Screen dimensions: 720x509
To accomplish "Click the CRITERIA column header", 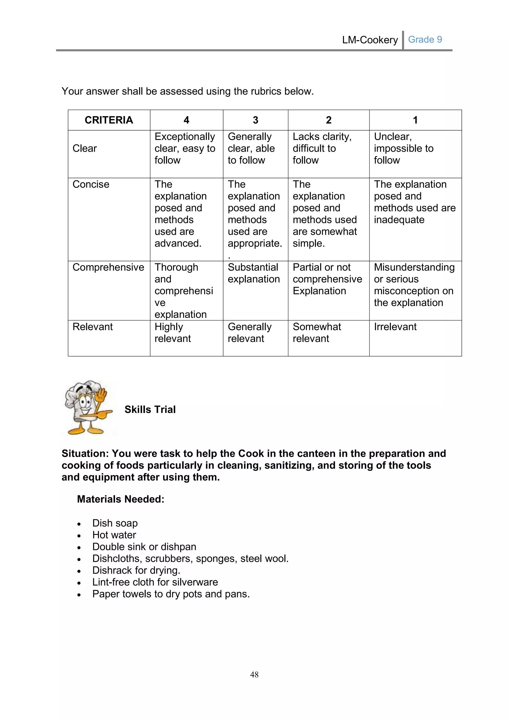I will pyautogui.click(x=109, y=120).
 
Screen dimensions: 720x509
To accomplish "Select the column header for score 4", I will pyautogui.click(x=186, y=120).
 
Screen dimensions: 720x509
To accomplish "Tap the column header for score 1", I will pyautogui.click(x=415, y=120).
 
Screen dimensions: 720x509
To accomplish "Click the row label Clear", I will pyautogui.click(x=85, y=148).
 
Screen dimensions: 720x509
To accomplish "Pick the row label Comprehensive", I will pyautogui.click(x=108, y=267).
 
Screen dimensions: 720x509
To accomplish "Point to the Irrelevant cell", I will pyautogui.click(x=395, y=327).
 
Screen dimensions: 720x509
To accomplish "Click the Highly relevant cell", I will pyautogui.click(x=172, y=332).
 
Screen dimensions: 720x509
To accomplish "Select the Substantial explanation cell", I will pyautogui.click(x=254, y=273).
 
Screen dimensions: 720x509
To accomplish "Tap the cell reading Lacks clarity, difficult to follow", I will pyautogui.click(x=322, y=148).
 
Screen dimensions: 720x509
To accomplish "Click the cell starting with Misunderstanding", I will pyautogui.click(x=414, y=285).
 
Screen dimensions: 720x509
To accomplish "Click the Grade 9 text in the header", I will pyautogui.click(x=425, y=40).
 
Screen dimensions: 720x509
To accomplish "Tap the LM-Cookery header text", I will pyautogui.click(x=370, y=40).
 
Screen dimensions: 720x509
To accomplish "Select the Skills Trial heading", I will pyautogui.click(x=150, y=409).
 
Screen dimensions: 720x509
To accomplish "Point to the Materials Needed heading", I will pyautogui.click(x=121, y=499).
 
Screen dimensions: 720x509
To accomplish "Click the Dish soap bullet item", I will pyautogui.click(x=115, y=523).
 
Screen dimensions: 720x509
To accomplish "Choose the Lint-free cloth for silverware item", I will pyautogui.click(x=155, y=582).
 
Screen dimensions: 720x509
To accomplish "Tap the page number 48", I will pyautogui.click(x=254, y=674).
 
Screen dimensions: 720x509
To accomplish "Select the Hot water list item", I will pyautogui.click(x=114, y=535).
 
